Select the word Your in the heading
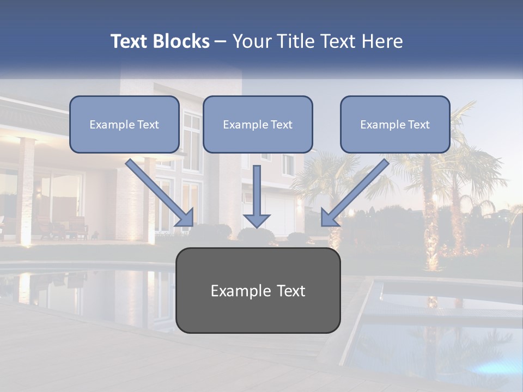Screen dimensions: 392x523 [x=252, y=41]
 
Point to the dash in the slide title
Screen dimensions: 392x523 [x=221, y=42]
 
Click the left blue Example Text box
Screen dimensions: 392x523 [x=124, y=124]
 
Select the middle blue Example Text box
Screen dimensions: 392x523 [x=258, y=124]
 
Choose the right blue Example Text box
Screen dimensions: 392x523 [x=395, y=124]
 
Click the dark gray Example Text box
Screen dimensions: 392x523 [x=258, y=290]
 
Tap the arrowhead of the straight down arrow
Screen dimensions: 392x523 [x=257, y=219]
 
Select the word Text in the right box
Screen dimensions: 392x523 [x=418, y=125]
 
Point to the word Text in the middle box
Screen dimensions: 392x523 [x=281, y=125]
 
